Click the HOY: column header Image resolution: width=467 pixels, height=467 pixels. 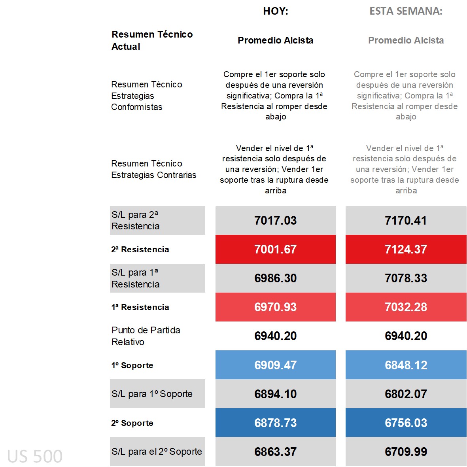click(x=276, y=11)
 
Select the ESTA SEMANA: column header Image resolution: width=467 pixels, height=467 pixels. click(x=406, y=11)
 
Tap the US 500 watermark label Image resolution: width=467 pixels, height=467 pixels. click(x=35, y=456)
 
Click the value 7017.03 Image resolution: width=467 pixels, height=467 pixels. click(x=276, y=220)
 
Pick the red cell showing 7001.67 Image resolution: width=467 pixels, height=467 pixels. click(x=276, y=249)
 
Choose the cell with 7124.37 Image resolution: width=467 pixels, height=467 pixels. click(x=406, y=249)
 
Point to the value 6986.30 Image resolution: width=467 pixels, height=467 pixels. click(x=276, y=278)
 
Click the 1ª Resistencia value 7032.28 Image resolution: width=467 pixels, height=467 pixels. click(x=406, y=307)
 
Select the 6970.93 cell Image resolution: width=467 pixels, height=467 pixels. click(x=276, y=307)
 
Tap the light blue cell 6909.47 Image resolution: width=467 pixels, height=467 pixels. click(x=276, y=365)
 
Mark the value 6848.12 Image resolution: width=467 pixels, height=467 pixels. click(x=406, y=365)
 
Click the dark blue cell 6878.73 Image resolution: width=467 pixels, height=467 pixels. click(x=276, y=422)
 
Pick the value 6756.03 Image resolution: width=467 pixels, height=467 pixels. click(x=406, y=422)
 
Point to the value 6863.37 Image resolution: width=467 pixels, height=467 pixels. click(x=276, y=451)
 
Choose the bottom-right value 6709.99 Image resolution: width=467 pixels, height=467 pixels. click(x=406, y=451)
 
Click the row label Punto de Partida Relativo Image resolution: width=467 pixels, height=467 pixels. click(x=146, y=336)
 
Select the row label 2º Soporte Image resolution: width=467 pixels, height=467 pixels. click(x=132, y=423)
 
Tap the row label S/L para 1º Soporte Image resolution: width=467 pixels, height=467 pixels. click(x=152, y=394)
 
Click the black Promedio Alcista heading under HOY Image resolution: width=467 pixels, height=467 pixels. click(x=276, y=40)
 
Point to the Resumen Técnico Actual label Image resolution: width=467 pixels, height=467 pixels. click(x=152, y=40)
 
